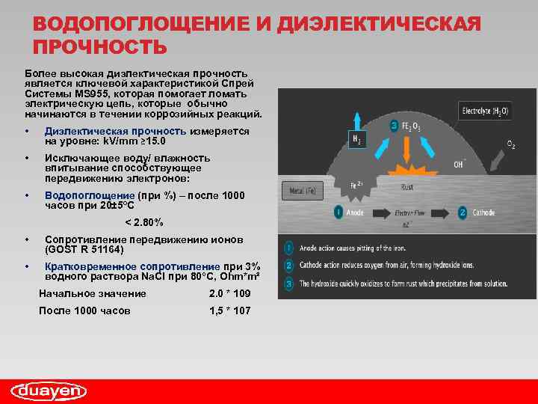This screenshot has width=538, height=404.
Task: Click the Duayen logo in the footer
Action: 49,391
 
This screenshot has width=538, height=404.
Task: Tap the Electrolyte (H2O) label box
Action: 485,111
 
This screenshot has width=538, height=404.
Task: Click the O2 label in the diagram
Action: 510,144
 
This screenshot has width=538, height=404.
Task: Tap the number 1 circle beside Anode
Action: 338,212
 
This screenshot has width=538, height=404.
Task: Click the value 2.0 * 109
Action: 230,293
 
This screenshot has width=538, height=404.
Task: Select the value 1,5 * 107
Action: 230,310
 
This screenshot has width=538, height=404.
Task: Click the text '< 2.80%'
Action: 143,222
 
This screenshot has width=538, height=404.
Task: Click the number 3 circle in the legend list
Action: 288,284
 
